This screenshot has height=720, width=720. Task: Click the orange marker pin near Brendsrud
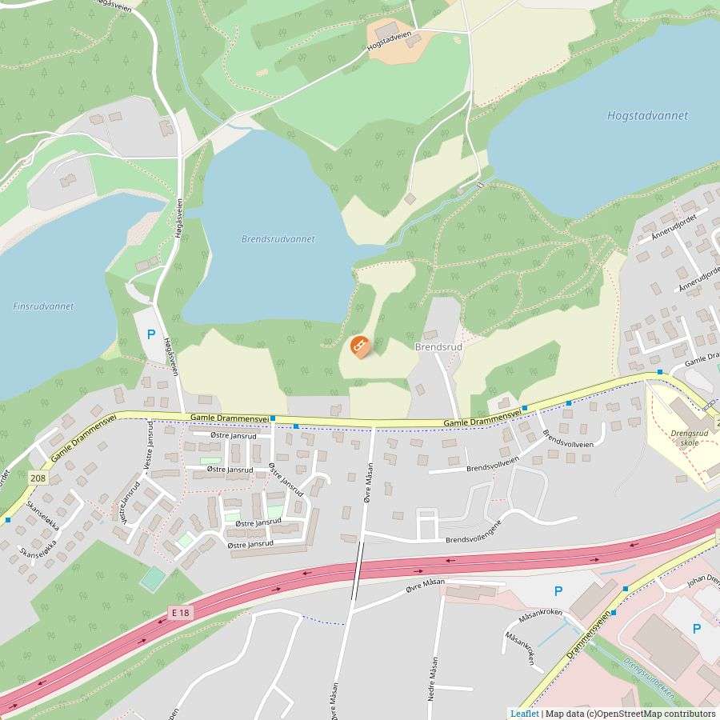pos(359,346)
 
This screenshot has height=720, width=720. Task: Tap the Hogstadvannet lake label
pos(647,115)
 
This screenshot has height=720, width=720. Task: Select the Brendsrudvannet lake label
pos(278,239)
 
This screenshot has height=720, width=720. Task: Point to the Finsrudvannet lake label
pos(43,306)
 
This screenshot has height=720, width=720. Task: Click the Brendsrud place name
pos(438,347)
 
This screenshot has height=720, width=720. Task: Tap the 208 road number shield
pos(38,478)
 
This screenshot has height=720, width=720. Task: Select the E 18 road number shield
pos(180,613)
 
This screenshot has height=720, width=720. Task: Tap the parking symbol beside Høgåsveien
pos(150,335)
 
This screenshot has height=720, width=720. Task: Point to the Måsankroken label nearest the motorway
pos(540,614)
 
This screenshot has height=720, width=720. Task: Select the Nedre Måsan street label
pos(434,679)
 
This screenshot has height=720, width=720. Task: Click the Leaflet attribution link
pos(524,714)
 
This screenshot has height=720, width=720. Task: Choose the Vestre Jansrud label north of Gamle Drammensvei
pos(148,445)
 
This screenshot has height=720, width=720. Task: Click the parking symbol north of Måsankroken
pos(558,591)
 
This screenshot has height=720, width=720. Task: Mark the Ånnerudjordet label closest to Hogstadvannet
pos(674,226)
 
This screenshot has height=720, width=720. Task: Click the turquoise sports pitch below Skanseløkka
pos(153,578)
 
